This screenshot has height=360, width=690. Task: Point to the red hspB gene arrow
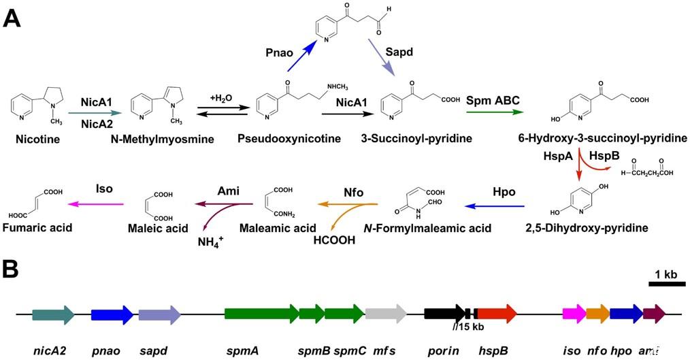[496, 314]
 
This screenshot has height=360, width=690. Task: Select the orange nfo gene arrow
[597, 314]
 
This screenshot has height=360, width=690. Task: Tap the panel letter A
[14, 17]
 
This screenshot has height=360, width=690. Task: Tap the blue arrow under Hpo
[495, 205]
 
